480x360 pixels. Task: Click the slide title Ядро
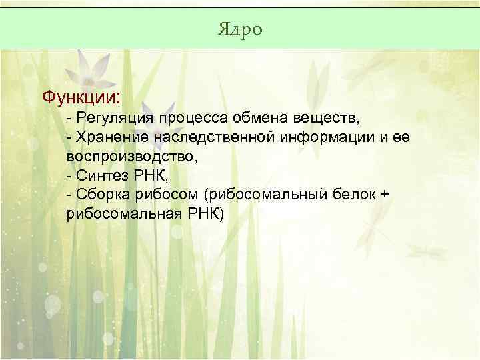point(240,29)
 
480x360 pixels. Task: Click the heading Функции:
point(81,98)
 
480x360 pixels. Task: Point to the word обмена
point(255,119)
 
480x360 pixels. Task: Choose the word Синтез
point(99,176)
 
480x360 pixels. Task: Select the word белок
point(354,195)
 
